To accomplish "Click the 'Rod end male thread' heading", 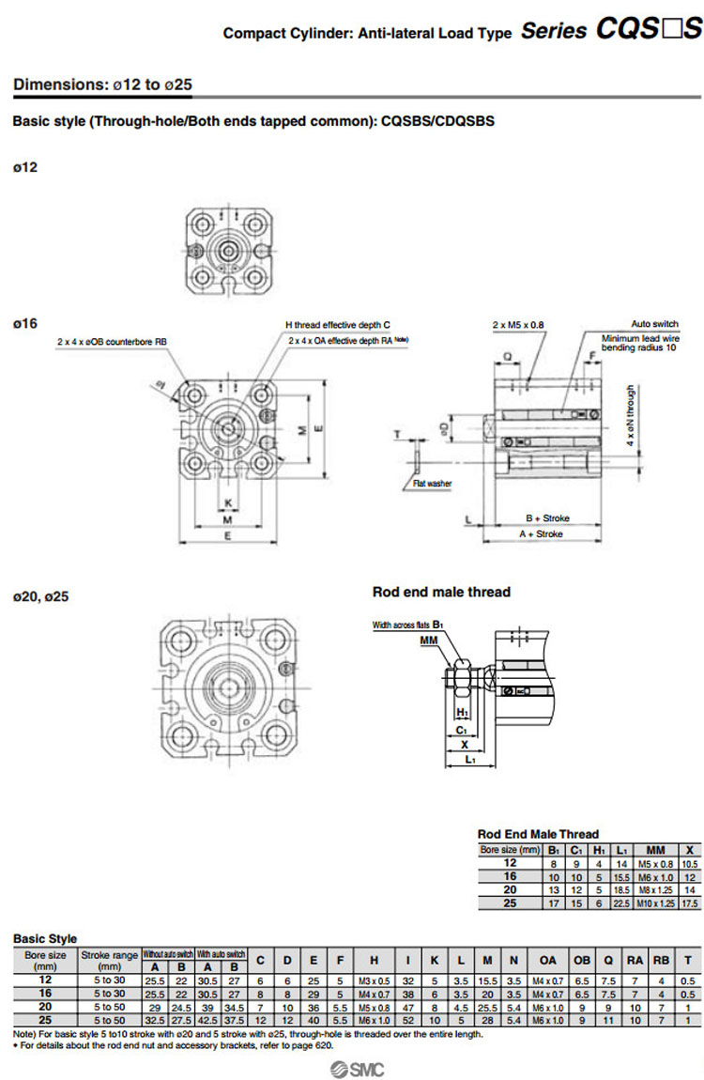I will pyautogui.click(x=441, y=592).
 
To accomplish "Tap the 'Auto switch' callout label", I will pyautogui.click(x=654, y=324).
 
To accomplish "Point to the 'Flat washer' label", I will pyautogui.click(x=432, y=484).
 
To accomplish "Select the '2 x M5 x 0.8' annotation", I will pyautogui.click(x=518, y=325).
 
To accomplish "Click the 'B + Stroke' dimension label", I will pyautogui.click(x=547, y=518).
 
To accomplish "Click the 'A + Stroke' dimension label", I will pyautogui.click(x=542, y=533).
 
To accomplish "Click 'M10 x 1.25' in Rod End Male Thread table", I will pyautogui.click(x=655, y=903).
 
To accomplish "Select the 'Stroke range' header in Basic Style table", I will pyautogui.click(x=110, y=960).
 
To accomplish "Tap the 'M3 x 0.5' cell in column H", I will pyautogui.click(x=375, y=980).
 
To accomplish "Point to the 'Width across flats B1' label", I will pyautogui.click(x=408, y=625).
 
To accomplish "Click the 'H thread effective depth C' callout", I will pyautogui.click(x=338, y=325).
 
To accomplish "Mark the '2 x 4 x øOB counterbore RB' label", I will pyautogui.click(x=112, y=342).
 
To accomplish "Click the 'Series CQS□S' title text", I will pyautogui.click(x=611, y=31).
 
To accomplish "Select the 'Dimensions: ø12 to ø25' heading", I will pyautogui.click(x=102, y=85).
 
